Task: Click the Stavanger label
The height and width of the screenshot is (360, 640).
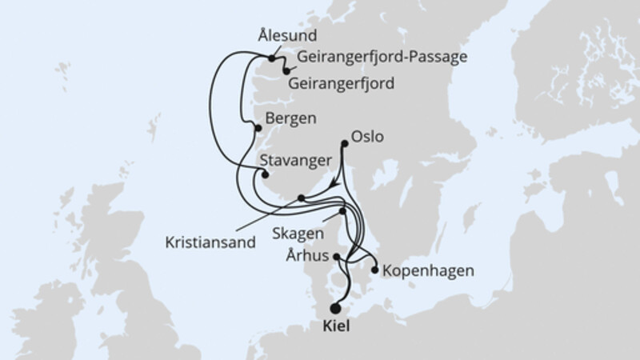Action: pos(296,160)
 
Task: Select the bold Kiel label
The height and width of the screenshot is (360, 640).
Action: pos(337,328)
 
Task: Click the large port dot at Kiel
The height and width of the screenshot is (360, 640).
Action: pos(336,309)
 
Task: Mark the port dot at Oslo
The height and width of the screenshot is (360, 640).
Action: pos(345,144)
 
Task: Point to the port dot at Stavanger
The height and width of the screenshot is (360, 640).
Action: pos(267,174)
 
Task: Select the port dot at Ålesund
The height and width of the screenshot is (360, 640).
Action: pos(272,58)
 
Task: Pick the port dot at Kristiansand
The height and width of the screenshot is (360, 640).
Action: pos(301,198)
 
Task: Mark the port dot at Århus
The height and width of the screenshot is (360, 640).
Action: pos(338,258)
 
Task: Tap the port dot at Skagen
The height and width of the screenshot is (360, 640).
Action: pos(343,212)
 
